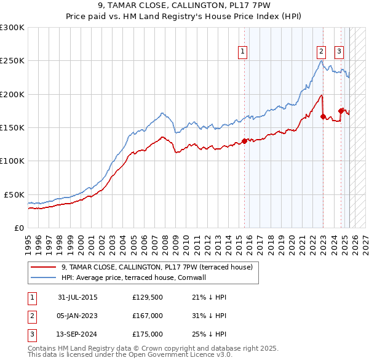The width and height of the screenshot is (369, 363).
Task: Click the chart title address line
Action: tap(184, 6)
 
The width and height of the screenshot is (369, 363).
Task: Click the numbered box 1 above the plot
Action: tap(244, 52)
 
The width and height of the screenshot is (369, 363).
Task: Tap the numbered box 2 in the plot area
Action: tap(321, 52)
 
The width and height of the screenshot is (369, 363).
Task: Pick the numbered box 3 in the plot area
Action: tap(339, 52)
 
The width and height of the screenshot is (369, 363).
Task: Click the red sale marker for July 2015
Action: tap(244, 141)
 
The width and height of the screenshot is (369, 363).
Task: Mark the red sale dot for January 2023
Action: tap(323, 116)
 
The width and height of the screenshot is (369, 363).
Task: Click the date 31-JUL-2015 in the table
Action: tap(77, 297)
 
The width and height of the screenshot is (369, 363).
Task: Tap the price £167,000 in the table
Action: tap(148, 316)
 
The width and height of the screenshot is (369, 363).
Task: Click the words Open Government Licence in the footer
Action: tap(185, 354)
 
